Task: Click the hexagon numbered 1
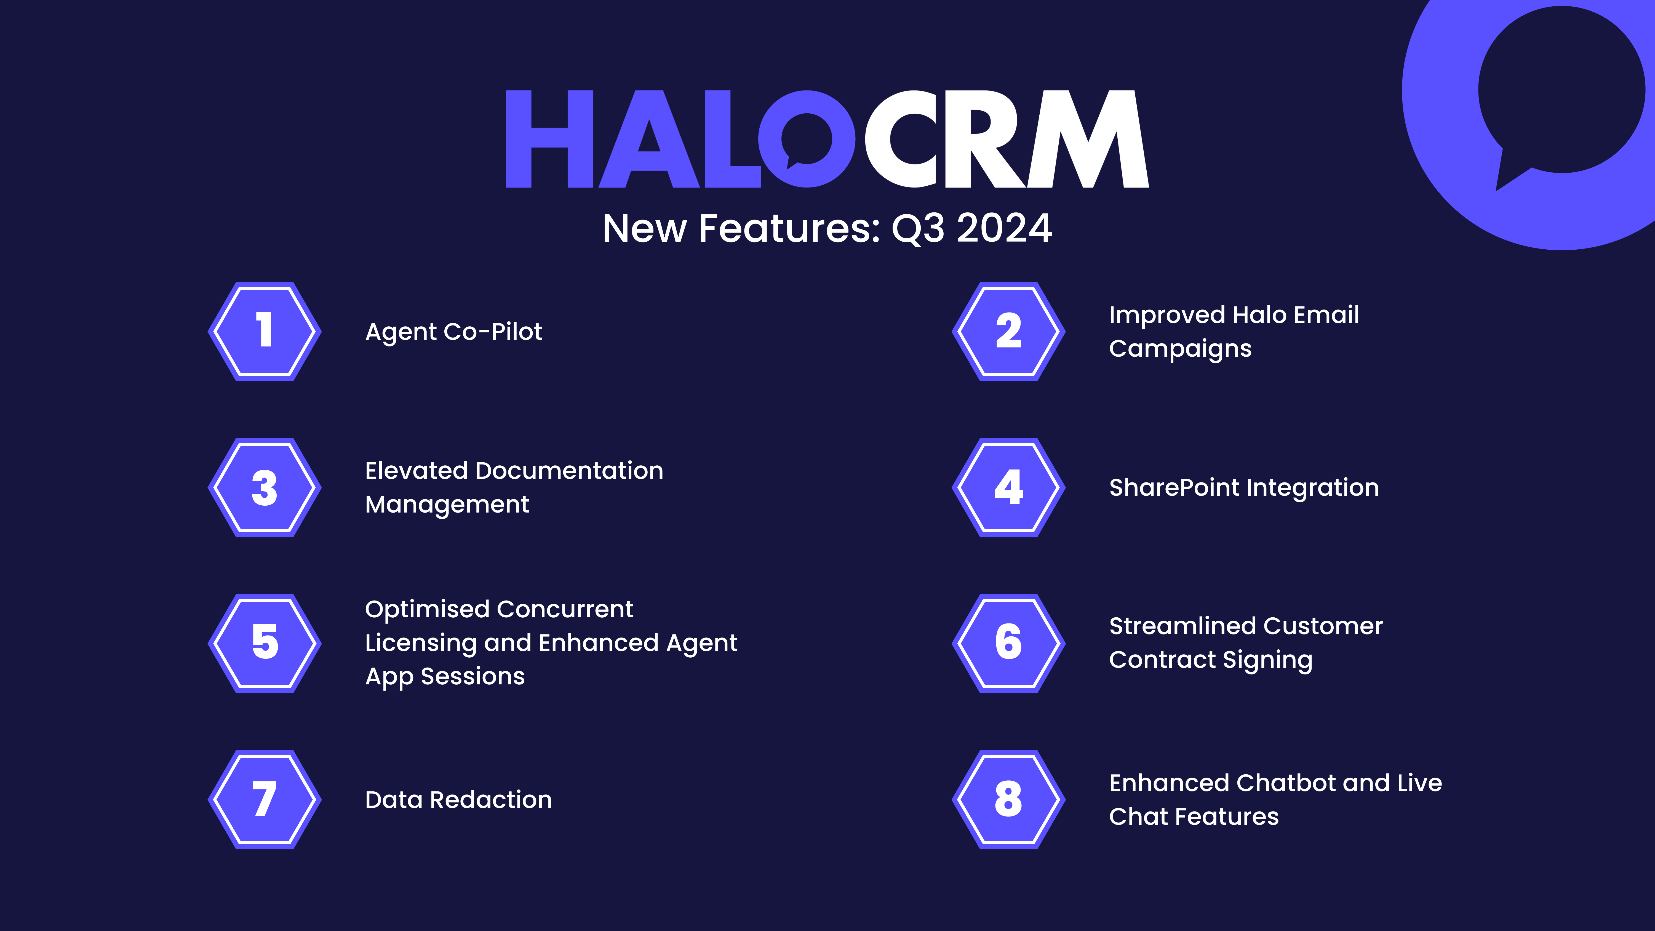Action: (x=265, y=332)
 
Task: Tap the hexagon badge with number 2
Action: (x=1009, y=332)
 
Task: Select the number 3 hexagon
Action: (x=265, y=488)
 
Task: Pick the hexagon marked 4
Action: (x=1009, y=488)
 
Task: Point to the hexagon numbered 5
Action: (x=265, y=643)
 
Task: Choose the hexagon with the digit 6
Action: (x=1009, y=643)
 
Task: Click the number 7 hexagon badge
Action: (x=265, y=799)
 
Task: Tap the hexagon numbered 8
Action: (x=1009, y=799)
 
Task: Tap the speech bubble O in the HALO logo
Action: (x=807, y=139)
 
